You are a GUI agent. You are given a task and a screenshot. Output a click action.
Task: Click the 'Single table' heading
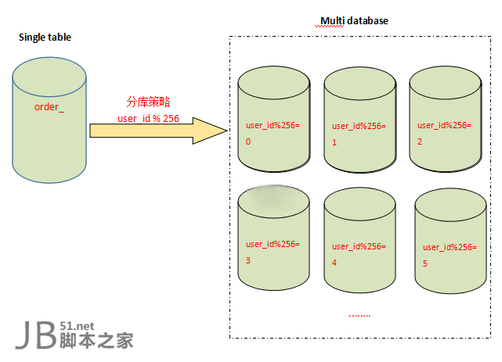coord(45,37)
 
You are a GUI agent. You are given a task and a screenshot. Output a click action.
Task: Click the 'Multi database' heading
coord(354,20)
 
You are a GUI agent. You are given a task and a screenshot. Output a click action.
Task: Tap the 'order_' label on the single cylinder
coord(49,106)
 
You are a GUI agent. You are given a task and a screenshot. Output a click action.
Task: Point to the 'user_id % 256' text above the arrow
coord(149,118)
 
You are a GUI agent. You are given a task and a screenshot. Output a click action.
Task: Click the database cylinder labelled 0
coord(273,121)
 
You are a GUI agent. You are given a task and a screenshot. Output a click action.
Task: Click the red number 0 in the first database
coord(248,142)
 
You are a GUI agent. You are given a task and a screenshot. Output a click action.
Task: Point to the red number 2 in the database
coord(420,142)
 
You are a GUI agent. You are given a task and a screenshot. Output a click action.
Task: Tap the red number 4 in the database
coord(334,263)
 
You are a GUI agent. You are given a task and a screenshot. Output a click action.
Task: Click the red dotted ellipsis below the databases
coord(359,315)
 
